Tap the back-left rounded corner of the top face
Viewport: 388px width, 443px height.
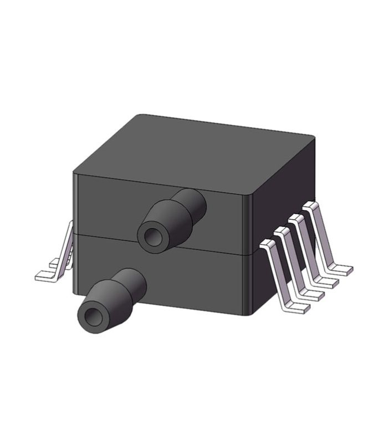139,116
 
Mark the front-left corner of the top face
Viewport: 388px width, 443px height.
76,173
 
